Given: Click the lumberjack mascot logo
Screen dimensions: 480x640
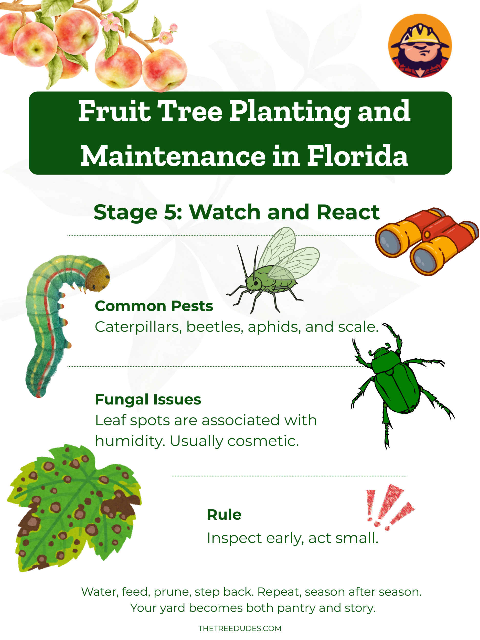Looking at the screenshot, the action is coord(420,46).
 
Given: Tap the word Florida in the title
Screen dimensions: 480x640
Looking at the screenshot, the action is coord(357,156).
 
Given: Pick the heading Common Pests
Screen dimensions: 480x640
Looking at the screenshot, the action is coord(154,306).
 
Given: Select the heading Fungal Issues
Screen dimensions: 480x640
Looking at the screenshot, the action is coord(148,400).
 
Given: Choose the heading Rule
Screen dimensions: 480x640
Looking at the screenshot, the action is coord(224,515).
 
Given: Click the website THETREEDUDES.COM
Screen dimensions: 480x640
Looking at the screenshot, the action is coord(240,628).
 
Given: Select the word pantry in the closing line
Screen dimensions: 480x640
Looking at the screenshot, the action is coord(296,608).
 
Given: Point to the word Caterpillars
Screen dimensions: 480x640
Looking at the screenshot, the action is coord(138,327).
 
